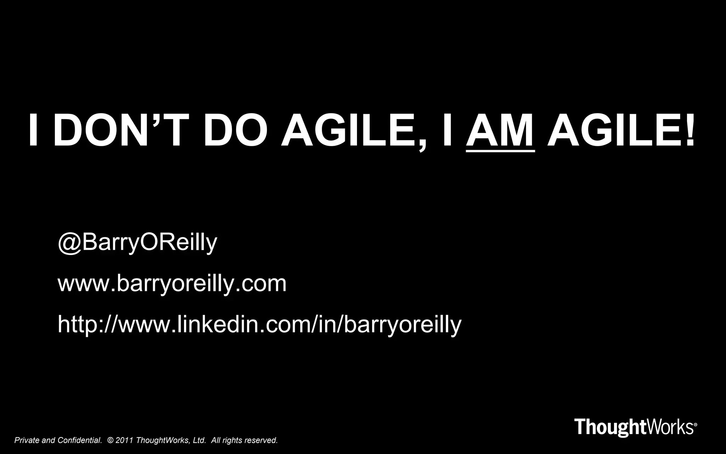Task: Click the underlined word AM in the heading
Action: pos(500,130)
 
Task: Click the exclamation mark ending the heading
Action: pos(689,130)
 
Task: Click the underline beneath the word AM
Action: pos(500,151)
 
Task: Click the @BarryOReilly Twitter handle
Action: pos(137,243)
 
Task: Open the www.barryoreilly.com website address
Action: pos(172,283)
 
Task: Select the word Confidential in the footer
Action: pos(80,441)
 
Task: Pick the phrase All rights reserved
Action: pos(244,441)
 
